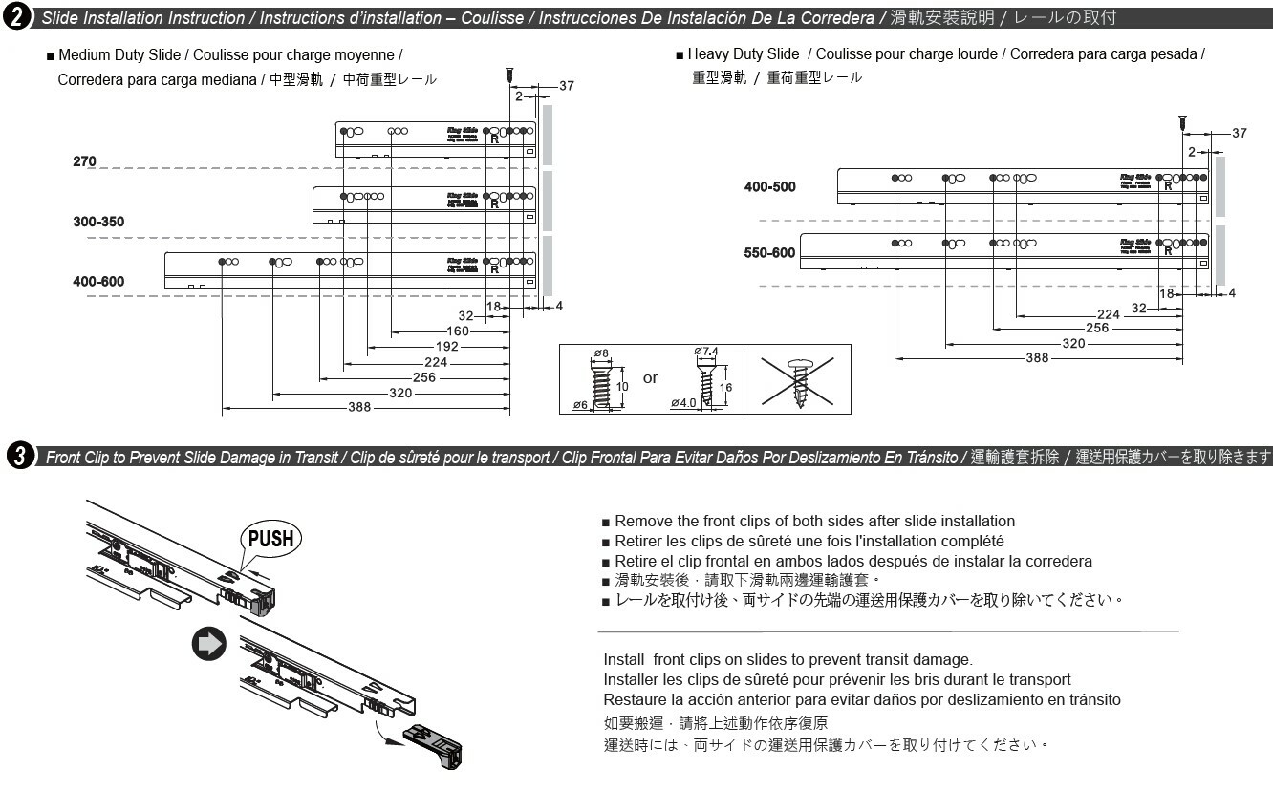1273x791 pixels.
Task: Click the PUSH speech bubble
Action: [x=270, y=538]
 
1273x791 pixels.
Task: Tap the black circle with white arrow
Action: [x=209, y=644]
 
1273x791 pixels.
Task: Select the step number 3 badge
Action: [x=18, y=456]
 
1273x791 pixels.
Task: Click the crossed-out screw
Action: [x=798, y=379]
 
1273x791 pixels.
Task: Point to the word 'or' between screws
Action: [x=650, y=378]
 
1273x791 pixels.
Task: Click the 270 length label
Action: [x=84, y=161]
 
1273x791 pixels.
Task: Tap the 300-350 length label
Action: [x=98, y=222]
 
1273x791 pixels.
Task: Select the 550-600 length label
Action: [x=769, y=253]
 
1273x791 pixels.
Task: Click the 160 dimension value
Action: [x=458, y=331]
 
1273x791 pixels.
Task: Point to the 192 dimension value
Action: [x=447, y=347]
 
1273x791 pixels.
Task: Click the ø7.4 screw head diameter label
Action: [x=706, y=352]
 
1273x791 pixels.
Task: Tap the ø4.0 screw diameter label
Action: [x=683, y=403]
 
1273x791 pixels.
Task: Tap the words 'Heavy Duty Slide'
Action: [x=743, y=54]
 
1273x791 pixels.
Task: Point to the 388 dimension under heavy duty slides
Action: [x=1036, y=358]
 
